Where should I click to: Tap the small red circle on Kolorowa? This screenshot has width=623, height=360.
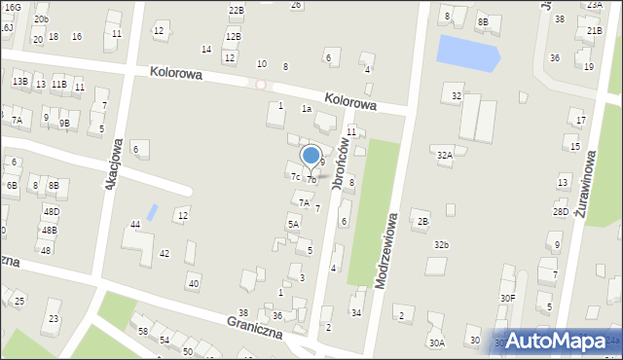click(260, 85)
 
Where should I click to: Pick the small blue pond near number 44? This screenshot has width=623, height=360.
click(152, 211)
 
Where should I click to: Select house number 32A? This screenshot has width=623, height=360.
click(444, 155)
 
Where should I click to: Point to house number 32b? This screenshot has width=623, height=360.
click(442, 244)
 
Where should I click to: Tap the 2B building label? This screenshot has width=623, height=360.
click(422, 222)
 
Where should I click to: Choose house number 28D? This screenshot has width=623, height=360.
click(561, 211)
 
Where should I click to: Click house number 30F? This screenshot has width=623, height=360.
click(508, 298)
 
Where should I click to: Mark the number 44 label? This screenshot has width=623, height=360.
click(136, 225)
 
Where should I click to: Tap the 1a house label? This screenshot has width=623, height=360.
click(306, 109)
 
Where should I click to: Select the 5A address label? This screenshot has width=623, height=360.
click(292, 224)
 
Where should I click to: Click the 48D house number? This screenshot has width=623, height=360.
click(51, 211)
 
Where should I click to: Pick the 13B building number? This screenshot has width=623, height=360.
click(19, 82)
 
